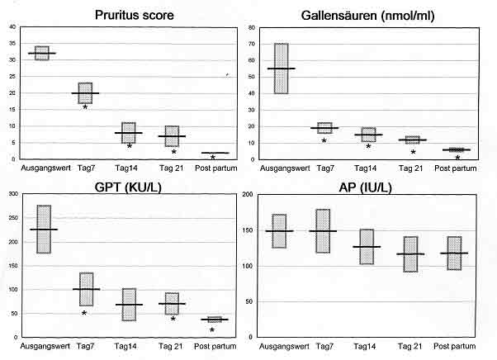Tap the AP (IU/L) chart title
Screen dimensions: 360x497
(368, 185)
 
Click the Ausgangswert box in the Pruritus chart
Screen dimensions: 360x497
(42, 53)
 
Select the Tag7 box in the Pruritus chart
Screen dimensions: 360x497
(85, 92)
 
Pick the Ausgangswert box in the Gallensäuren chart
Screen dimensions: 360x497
(282, 68)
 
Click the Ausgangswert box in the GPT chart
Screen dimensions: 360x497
(43, 229)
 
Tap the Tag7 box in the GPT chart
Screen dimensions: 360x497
(86, 289)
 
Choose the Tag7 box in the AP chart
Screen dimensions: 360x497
(323, 230)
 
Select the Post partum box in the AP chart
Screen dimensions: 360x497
(453, 253)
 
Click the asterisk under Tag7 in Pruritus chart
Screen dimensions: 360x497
(86, 108)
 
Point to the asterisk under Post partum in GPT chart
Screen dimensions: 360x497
(212, 330)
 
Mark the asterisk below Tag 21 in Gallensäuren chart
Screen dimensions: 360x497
(413, 152)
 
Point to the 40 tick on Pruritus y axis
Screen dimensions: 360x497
(12, 27)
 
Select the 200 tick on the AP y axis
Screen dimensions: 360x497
(250, 194)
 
